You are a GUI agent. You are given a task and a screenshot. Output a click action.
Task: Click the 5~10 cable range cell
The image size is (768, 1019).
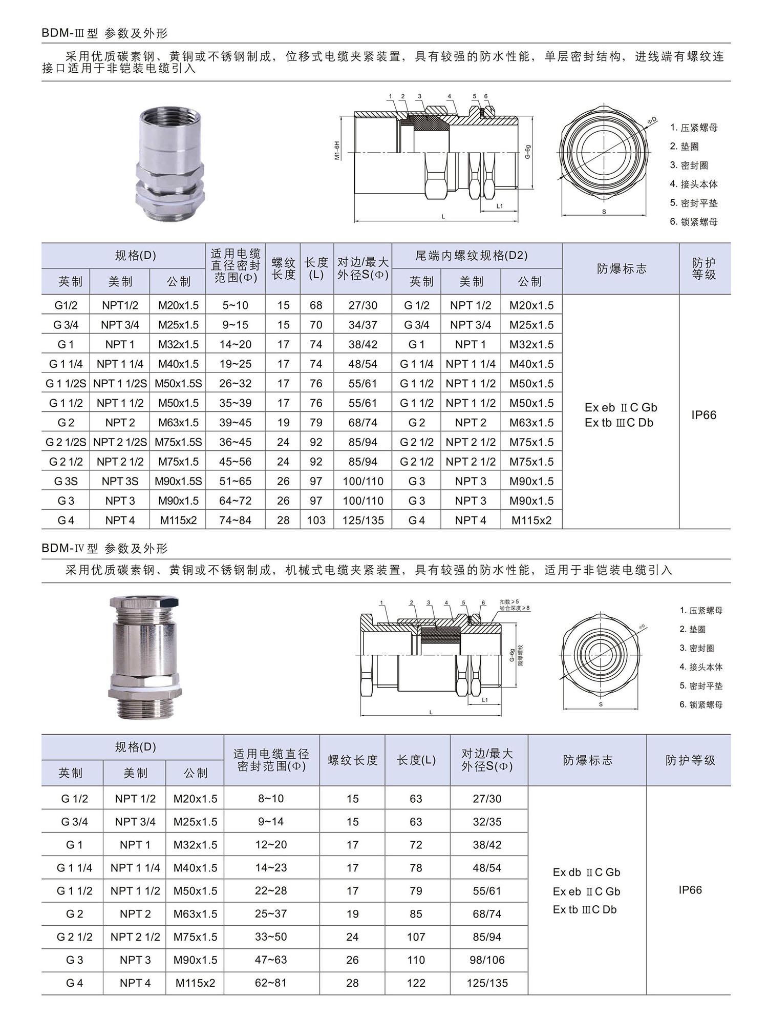[235, 305]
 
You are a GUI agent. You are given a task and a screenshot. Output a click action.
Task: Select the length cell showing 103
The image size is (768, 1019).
[316, 521]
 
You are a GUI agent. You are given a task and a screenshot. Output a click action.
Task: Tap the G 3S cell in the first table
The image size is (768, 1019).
[66, 482]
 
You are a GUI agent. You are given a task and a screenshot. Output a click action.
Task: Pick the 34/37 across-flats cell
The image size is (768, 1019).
[362, 325]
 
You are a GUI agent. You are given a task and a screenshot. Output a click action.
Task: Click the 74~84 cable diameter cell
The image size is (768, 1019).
[235, 521]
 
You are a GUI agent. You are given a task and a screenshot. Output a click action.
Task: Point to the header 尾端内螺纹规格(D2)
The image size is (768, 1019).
[471, 255]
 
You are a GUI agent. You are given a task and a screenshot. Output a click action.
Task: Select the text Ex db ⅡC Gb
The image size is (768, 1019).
[586, 872]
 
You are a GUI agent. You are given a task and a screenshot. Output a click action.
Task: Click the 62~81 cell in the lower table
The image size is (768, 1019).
[271, 983]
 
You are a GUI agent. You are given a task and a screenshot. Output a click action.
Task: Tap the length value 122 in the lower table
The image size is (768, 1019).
[416, 983]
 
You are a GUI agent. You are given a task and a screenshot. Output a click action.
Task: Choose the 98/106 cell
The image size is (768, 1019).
[487, 960]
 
